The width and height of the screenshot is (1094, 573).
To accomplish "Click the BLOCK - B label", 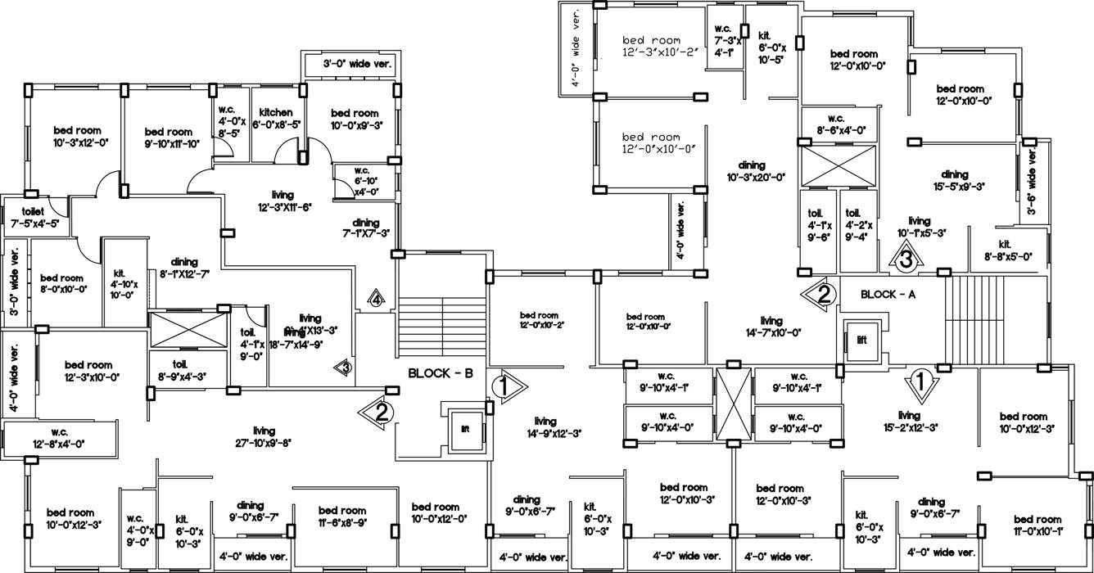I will click(441, 373).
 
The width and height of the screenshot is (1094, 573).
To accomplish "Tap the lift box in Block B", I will click(465, 428).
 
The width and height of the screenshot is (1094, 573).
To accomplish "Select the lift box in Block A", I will click(861, 339).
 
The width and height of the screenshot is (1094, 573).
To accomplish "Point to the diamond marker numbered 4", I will click(376, 299).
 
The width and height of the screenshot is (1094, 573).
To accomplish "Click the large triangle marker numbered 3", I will click(904, 260).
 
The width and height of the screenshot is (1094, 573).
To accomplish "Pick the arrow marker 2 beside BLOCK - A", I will click(821, 292).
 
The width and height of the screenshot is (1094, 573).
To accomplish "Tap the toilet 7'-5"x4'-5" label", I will click(34, 217).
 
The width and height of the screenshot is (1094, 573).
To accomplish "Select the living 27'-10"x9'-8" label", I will click(264, 436).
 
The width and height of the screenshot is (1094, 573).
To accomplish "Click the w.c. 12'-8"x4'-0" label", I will click(59, 438).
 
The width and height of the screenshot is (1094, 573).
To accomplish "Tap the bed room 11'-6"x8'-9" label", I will click(342, 516).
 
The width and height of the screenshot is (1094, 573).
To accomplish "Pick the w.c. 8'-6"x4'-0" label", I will click(835, 124).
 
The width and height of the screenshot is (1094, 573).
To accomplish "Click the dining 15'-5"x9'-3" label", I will click(955, 180).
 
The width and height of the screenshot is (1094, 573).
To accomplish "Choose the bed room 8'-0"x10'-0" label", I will click(62, 283).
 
